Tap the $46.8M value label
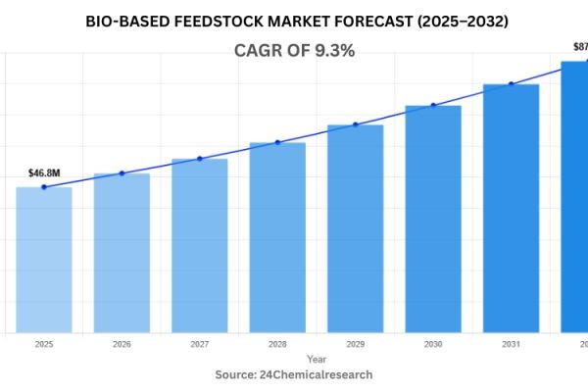click(44, 173)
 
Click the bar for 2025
click(44, 260)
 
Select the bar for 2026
click(122, 253)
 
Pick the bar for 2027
click(200, 245)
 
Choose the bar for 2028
click(277, 237)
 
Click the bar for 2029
click(355, 228)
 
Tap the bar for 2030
click(433, 219)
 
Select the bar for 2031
click(511, 208)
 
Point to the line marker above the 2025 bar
click(44, 187)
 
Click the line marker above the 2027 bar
click(200, 159)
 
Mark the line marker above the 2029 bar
click(355, 124)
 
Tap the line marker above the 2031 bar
click(511, 84)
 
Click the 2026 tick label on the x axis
click(122, 345)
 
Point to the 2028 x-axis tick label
click(277, 345)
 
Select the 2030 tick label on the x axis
click(433, 345)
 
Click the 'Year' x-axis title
click(316, 360)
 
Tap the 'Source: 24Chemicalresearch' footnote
click(294, 374)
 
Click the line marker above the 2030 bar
click(433, 105)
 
